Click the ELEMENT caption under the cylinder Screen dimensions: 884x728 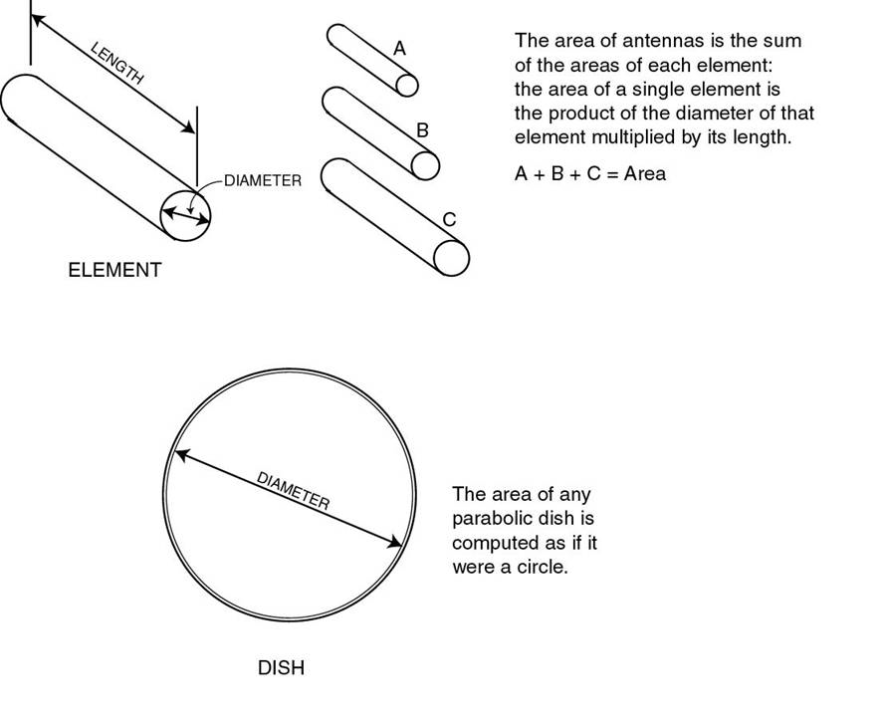pyautogui.click(x=113, y=270)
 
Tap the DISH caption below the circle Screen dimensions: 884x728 pyautogui.click(x=281, y=668)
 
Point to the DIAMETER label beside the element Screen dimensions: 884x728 pyautogui.click(x=262, y=181)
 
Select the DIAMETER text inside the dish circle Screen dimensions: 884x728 pyautogui.click(x=293, y=490)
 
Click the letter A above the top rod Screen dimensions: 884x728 pyautogui.click(x=399, y=48)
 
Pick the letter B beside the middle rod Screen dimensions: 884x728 pyautogui.click(x=422, y=130)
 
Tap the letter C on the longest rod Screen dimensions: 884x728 pyautogui.click(x=449, y=220)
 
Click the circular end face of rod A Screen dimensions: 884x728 pyautogui.click(x=406, y=86)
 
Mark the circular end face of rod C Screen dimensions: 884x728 pyautogui.click(x=451, y=258)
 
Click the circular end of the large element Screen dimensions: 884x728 pyautogui.click(x=187, y=213)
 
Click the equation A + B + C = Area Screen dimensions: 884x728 pyautogui.click(x=589, y=174)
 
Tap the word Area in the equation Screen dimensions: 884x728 pyautogui.click(x=645, y=174)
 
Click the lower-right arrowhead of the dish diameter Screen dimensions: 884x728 pyautogui.click(x=397, y=543)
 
